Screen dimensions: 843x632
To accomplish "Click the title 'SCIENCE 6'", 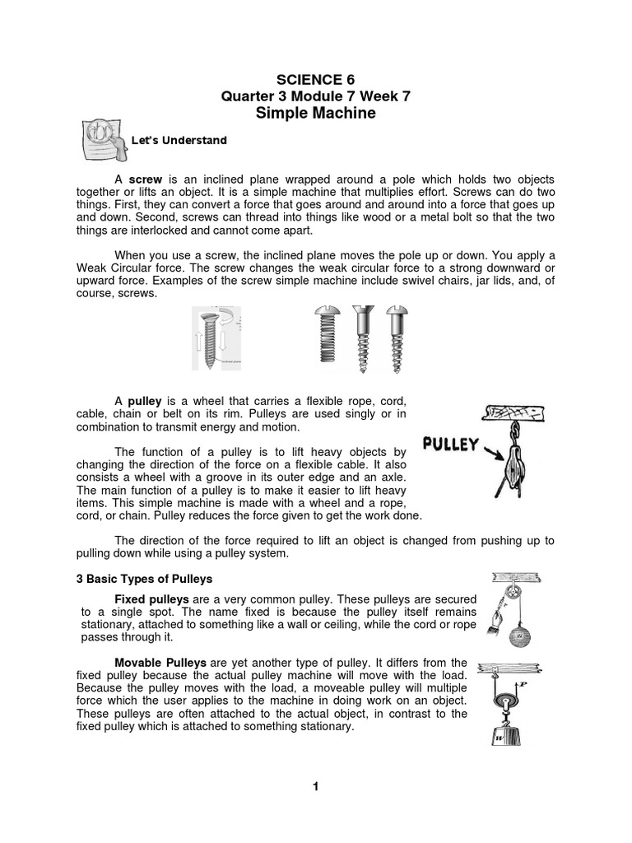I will tap(315, 79).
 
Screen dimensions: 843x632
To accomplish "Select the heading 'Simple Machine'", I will tap(315, 114).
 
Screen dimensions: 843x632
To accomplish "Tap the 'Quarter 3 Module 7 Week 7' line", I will tap(315, 96).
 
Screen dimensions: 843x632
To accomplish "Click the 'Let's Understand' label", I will tap(179, 141).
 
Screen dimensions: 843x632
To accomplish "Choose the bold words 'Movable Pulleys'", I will tap(160, 663).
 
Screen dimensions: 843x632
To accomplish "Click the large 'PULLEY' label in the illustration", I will tap(450, 445).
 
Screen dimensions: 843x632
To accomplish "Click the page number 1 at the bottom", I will tap(315, 786).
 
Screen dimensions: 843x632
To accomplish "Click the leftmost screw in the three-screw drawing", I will tap(326, 335).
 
